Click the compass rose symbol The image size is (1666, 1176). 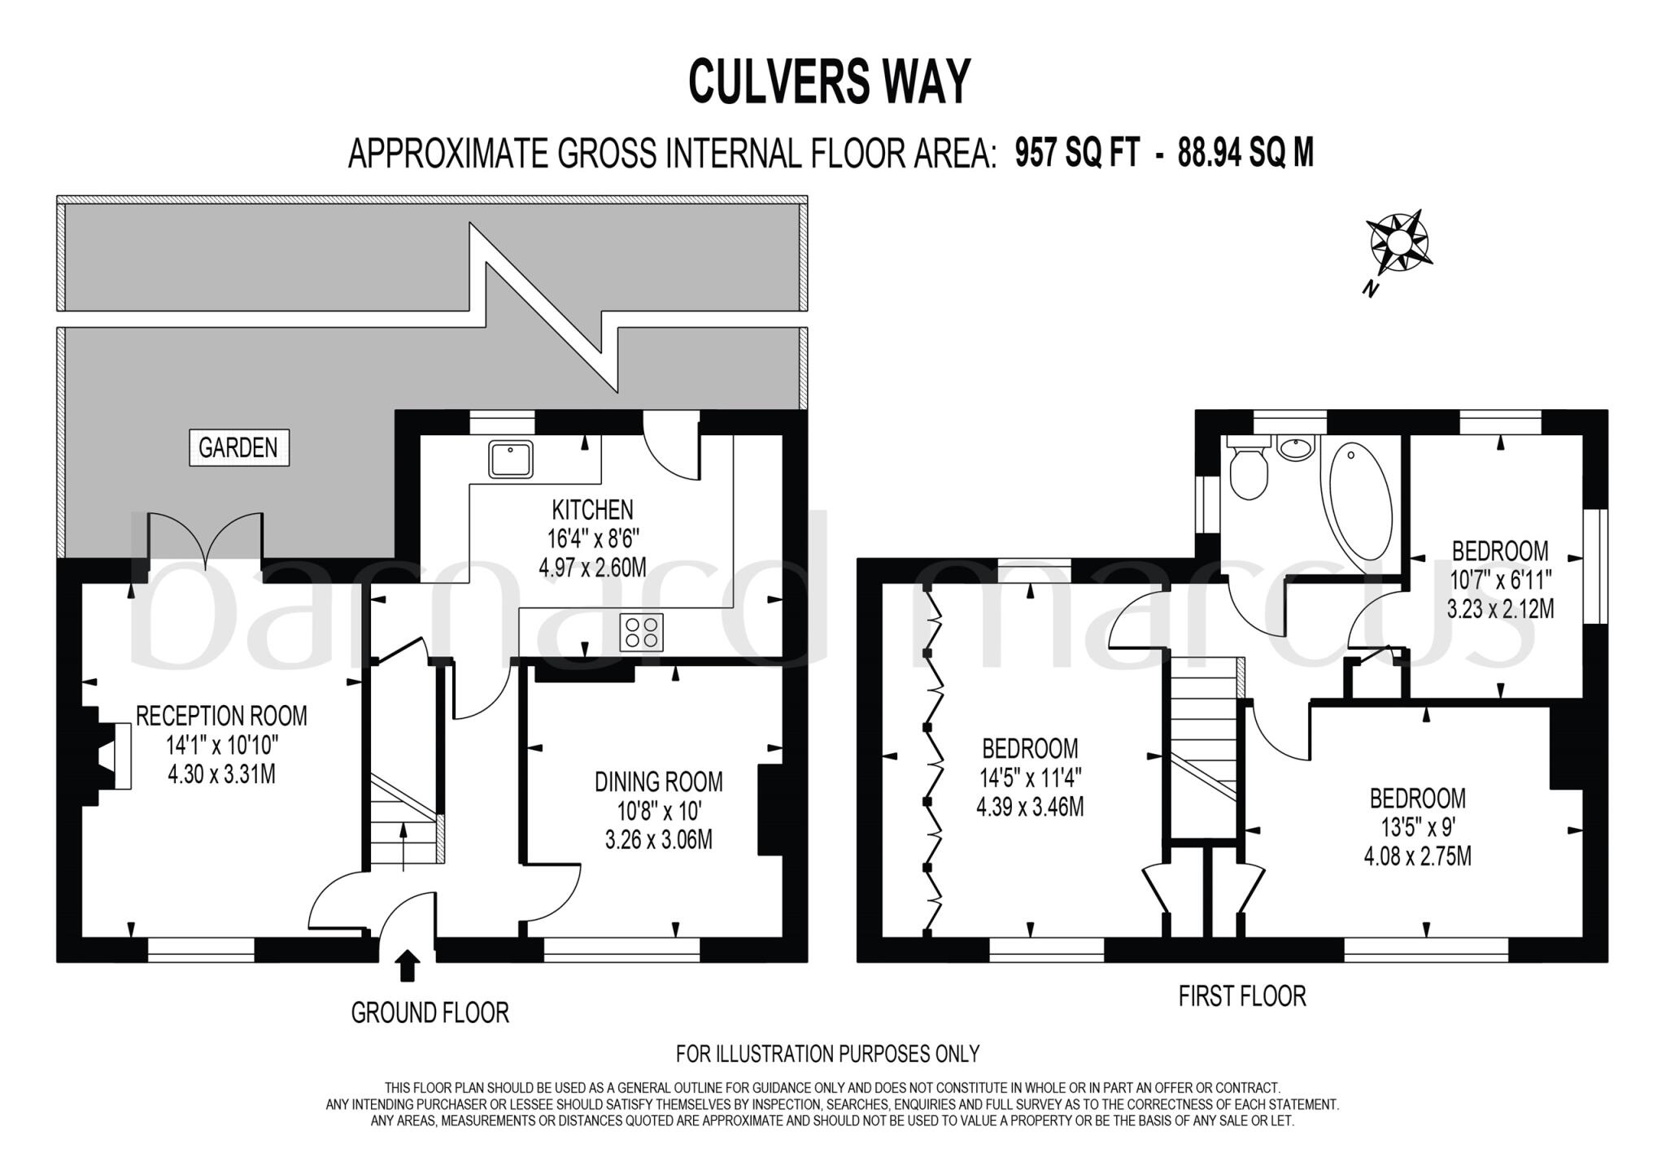tap(1398, 242)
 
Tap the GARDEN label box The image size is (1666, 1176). tap(238, 448)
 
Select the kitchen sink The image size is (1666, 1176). tap(511, 460)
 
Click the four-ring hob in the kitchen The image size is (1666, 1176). tap(641, 632)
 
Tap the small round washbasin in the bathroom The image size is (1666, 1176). tap(1295, 447)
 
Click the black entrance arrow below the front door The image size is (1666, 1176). tap(407, 966)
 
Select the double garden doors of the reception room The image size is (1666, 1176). tap(205, 538)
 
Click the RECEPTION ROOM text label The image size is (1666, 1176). tap(221, 716)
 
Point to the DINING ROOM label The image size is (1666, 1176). tap(658, 782)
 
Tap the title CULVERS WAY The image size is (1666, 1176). tap(829, 81)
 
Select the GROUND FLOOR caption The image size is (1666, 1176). tap(430, 1013)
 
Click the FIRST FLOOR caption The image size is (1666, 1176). tap(1241, 995)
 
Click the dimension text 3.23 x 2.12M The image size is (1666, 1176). tap(1499, 608)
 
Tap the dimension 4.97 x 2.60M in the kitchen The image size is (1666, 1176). tap(592, 567)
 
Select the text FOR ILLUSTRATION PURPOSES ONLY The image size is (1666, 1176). tap(827, 1054)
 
